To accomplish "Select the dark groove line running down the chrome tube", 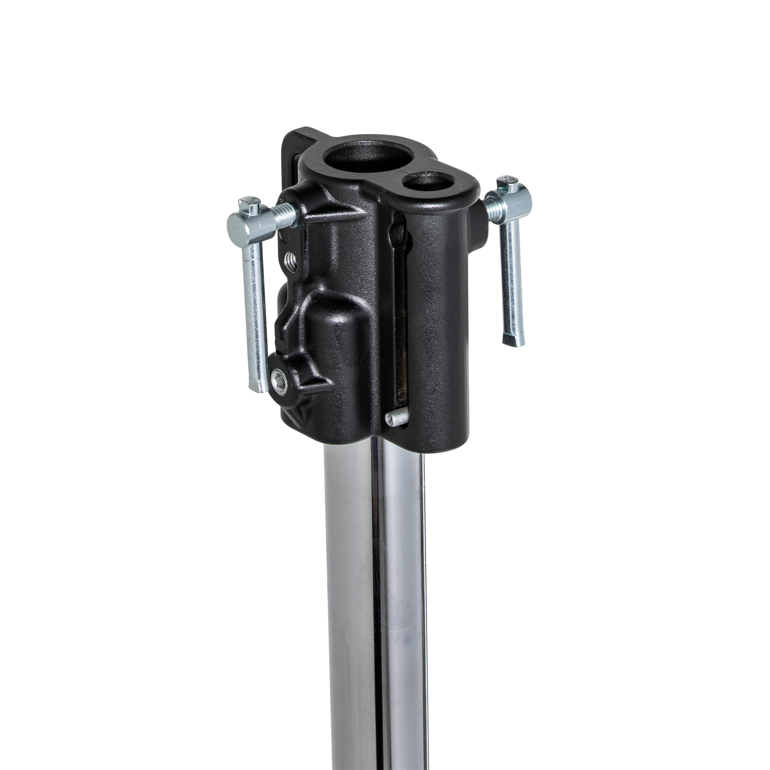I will [x=378, y=598].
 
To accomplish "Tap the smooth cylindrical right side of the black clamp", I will [x=442, y=319].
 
